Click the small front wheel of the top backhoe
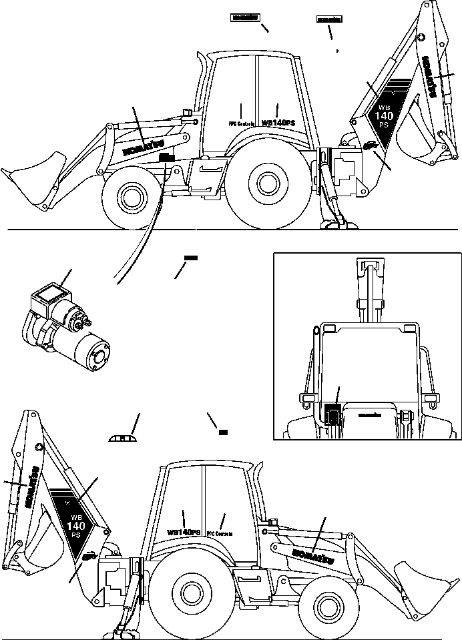(128, 198)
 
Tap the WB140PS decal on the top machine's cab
(278, 123)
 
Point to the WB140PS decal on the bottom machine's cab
(184, 532)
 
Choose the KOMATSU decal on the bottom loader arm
(308, 553)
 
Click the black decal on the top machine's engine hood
(166, 157)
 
